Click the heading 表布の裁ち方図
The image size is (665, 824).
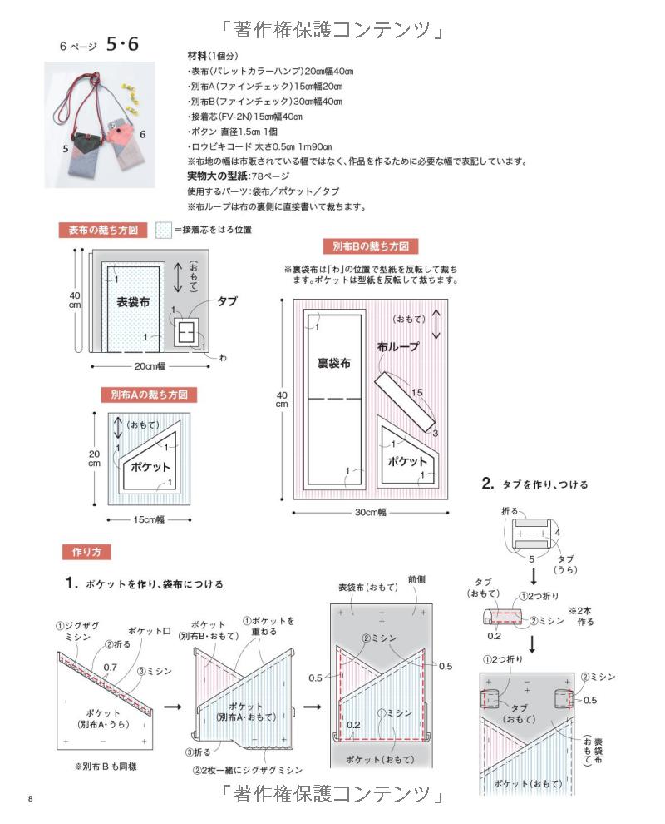(103, 230)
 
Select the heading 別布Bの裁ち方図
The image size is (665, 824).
(370, 246)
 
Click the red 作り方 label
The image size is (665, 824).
(86, 552)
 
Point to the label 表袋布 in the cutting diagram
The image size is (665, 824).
(133, 303)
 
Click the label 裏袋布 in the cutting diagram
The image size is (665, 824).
(334, 363)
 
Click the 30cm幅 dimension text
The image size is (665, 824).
(372, 513)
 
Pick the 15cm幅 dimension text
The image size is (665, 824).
(150, 519)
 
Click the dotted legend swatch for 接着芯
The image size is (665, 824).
(165, 230)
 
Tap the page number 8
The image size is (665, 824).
(30, 801)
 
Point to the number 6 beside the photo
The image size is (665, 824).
(142, 134)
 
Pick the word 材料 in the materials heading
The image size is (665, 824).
(197, 55)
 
